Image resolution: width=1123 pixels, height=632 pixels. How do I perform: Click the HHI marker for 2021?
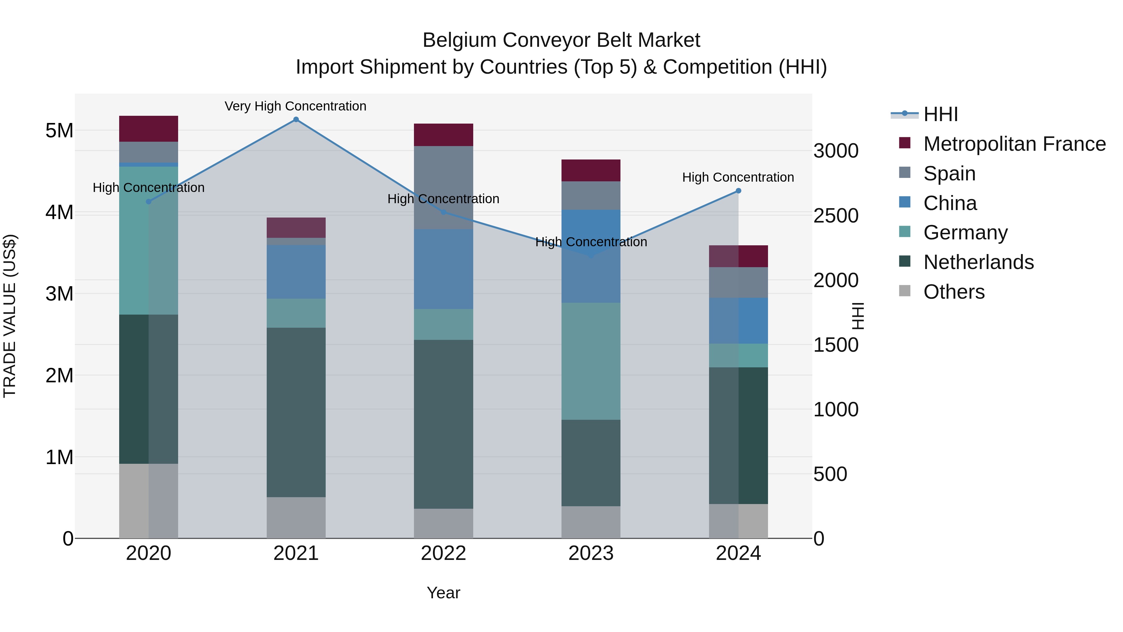[296, 120]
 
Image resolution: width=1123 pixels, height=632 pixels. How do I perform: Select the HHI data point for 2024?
[738, 191]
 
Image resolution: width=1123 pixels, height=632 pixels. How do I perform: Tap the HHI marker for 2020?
[149, 202]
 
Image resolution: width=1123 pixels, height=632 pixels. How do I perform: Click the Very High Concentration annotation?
[296, 106]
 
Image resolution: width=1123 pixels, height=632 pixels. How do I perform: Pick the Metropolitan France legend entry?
[1014, 144]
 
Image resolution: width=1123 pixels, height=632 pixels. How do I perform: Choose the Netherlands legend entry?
[978, 262]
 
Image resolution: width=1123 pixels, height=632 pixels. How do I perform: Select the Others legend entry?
[954, 292]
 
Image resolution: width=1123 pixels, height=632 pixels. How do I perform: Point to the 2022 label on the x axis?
[443, 553]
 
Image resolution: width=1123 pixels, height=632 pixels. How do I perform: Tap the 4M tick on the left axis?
[59, 213]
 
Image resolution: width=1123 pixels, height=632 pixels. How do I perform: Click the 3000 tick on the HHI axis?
[836, 151]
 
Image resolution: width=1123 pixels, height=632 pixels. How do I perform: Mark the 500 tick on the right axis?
[830, 474]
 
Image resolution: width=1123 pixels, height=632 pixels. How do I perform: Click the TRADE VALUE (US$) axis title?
[10, 316]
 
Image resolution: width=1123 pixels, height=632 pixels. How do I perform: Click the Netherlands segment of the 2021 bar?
[296, 412]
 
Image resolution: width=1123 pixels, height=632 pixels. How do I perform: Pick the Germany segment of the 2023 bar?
[591, 361]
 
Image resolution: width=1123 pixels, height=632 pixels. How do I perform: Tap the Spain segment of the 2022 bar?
[443, 188]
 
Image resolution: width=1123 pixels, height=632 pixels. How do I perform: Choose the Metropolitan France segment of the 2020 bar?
[149, 129]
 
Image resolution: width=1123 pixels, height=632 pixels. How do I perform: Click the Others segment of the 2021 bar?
[296, 518]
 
